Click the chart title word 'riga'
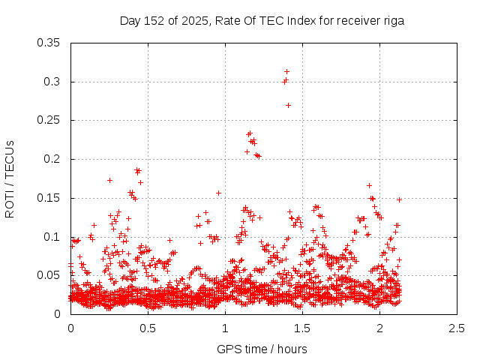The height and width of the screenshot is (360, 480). pos(392,21)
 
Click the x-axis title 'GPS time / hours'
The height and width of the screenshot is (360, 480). pos(262,349)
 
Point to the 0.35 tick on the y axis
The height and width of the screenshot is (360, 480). pos(49,43)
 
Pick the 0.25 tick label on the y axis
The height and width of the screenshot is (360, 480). pos(49,120)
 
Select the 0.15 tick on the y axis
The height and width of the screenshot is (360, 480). pos(49,198)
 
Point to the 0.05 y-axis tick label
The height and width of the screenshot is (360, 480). pos(49,275)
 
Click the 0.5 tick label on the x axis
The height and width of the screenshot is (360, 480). pos(148,328)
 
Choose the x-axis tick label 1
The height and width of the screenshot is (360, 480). pos(225,328)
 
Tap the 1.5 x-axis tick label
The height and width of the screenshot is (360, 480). pos(302,328)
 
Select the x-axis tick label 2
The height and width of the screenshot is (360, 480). pos(380,328)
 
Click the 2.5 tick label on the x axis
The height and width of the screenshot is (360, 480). pos(457,328)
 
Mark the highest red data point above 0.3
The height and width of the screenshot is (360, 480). pos(286,71)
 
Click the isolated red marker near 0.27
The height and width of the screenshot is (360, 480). pos(288,105)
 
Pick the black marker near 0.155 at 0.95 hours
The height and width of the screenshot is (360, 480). pos(218,193)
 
